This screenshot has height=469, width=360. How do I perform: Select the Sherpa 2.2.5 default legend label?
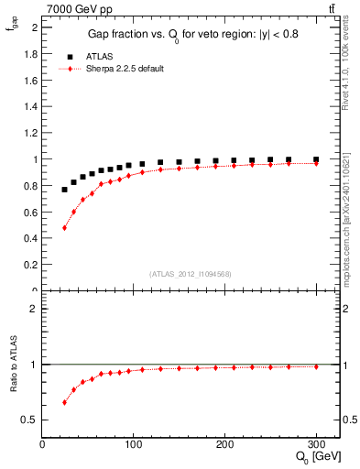coord(124,69)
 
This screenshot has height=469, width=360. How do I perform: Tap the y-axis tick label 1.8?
coord(30,54)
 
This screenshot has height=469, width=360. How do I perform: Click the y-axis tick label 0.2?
coord(30,265)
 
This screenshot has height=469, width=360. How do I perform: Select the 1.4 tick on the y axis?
coord(30,106)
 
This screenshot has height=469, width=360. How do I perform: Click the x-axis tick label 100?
coord(133,443)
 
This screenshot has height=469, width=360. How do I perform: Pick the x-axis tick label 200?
coord(224,443)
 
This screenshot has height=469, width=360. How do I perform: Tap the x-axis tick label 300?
coord(316,443)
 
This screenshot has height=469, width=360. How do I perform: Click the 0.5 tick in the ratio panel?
coord(30,420)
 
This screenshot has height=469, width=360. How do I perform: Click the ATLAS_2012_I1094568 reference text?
coord(191,273)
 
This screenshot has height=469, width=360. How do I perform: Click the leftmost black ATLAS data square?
coord(64,190)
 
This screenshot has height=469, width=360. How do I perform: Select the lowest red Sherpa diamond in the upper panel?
coord(64,227)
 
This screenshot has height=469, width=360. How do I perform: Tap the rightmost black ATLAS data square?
coord(316,159)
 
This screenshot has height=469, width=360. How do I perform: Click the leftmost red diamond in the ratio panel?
coord(64,402)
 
